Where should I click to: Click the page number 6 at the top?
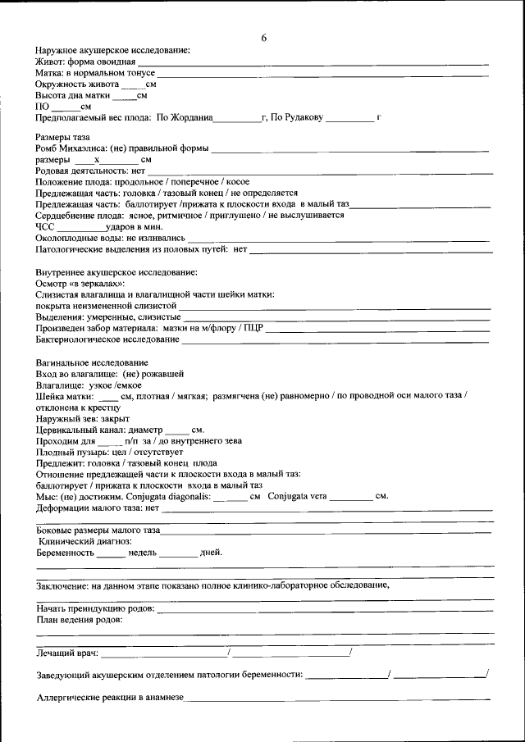click(263, 38)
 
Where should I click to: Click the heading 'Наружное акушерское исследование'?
click(112, 51)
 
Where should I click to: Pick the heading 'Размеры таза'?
click(62, 136)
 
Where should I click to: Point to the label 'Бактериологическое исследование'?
click(107, 339)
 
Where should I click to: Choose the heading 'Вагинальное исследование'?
click(92, 362)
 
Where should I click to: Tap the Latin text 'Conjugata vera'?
click(297, 496)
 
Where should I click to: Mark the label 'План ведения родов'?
click(80, 620)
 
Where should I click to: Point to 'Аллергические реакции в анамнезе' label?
click(110, 698)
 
